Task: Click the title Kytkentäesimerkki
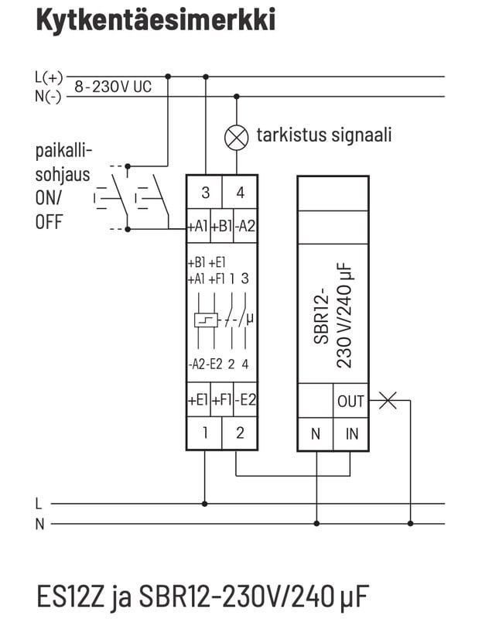[156, 20]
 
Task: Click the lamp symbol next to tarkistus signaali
[237, 137]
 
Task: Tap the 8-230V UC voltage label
[113, 87]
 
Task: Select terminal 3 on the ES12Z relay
[205, 192]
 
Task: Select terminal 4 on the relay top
[240, 192]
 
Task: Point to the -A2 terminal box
[245, 227]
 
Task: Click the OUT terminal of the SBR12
[350, 401]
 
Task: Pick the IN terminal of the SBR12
[351, 434]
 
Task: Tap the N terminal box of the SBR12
[316, 434]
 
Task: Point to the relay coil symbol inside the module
[205, 320]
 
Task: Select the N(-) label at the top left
[49, 96]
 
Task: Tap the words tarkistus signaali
[323, 135]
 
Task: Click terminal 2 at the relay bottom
[240, 433]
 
